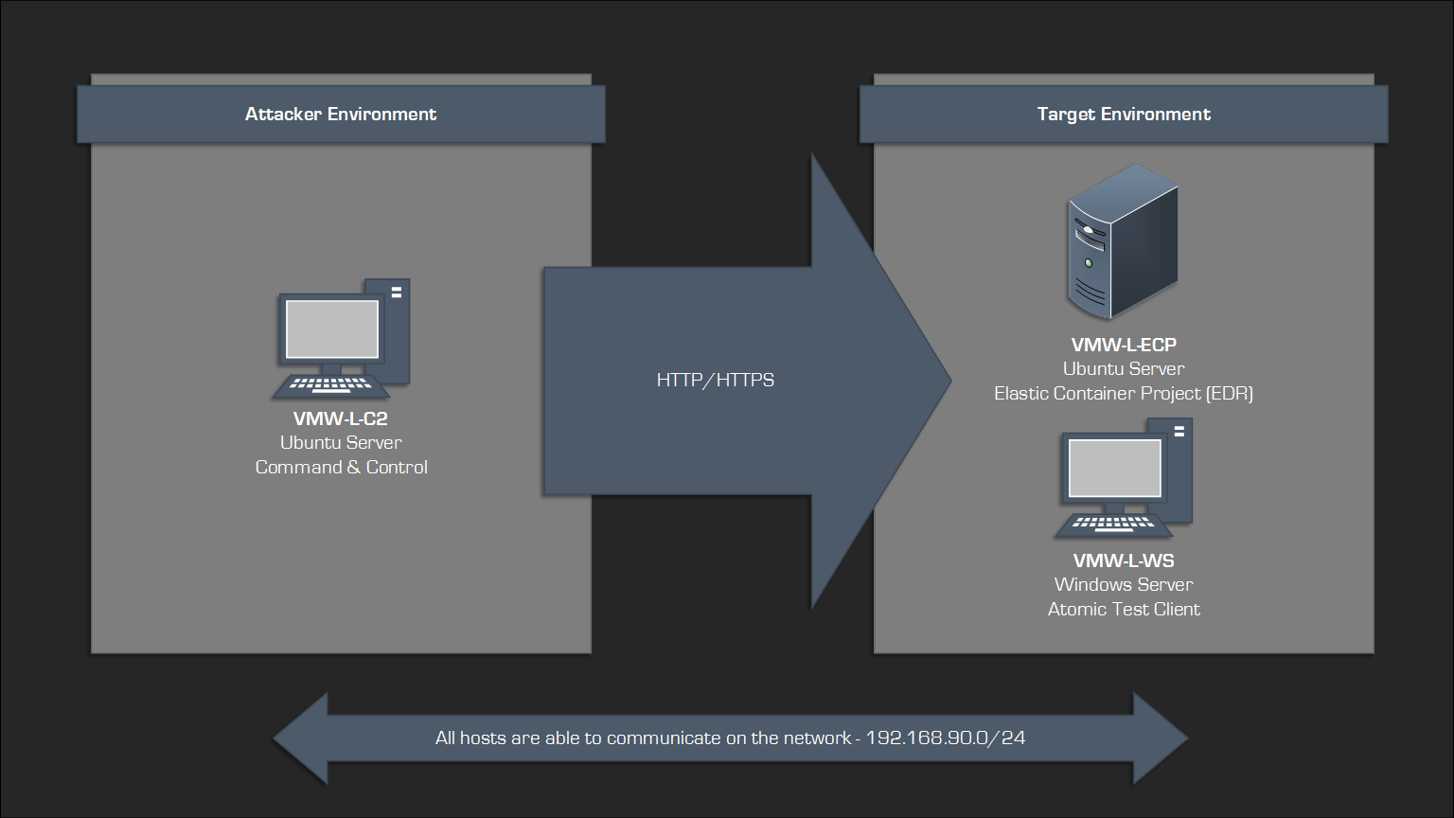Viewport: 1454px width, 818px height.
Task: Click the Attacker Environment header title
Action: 341,115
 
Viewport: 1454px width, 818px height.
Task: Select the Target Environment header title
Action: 1124,115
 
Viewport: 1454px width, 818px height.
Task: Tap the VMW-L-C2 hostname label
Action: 341,418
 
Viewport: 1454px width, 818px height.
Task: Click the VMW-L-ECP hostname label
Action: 1124,345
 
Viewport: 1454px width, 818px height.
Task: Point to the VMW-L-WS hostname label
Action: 1124,560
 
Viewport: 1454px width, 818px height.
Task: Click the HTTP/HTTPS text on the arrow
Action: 716,380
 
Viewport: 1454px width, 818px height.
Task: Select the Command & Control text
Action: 341,467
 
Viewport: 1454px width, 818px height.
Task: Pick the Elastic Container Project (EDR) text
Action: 1124,393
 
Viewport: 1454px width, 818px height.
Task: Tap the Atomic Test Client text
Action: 1124,609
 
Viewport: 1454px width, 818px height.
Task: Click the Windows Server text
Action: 1124,584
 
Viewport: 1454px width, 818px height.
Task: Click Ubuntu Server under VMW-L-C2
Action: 341,442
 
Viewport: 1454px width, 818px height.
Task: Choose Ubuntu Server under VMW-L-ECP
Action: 1124,368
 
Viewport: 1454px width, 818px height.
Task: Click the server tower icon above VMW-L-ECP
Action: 1123,241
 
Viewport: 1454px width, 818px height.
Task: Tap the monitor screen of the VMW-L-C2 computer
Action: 332,329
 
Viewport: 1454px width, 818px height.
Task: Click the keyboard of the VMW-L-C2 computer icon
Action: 329,386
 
